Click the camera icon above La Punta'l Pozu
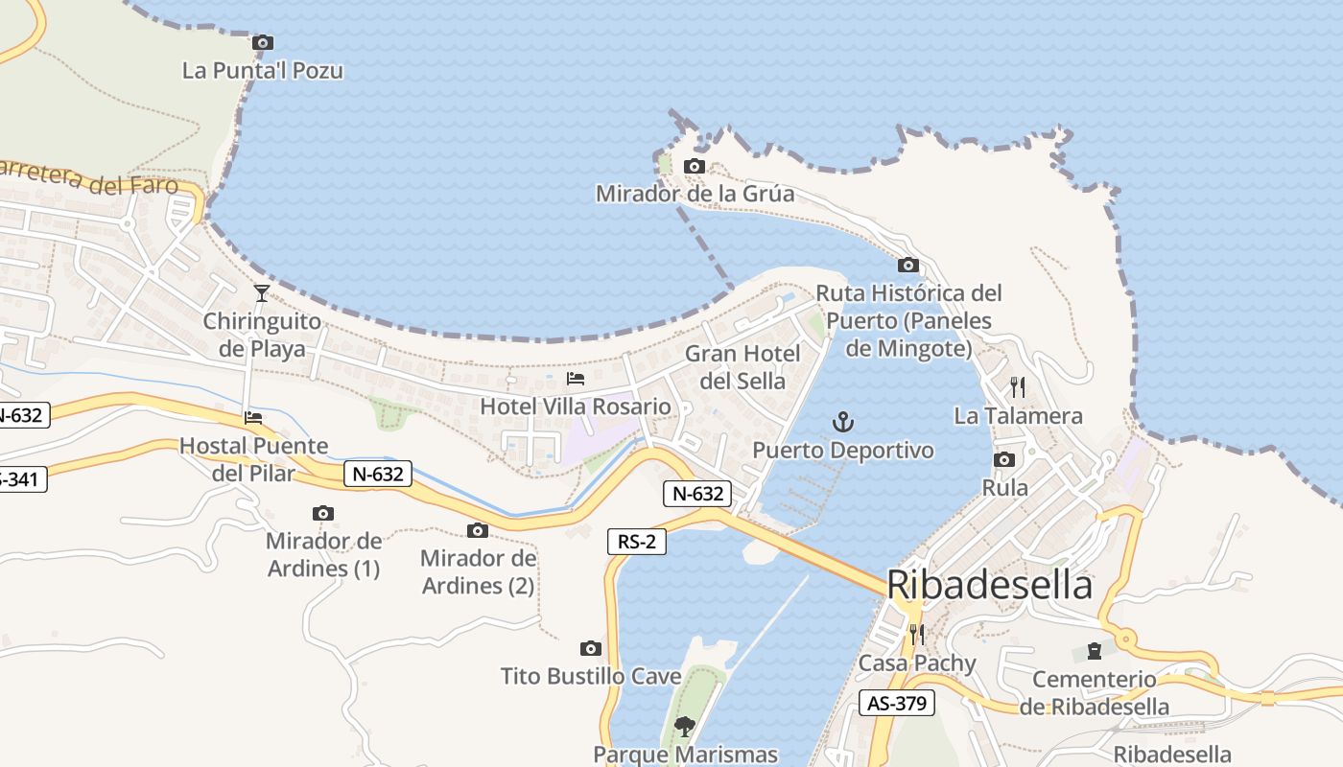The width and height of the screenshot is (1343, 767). point(262,42)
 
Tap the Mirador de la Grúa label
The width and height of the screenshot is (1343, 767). point(695,194)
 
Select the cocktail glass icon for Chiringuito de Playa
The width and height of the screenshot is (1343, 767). point(261,292)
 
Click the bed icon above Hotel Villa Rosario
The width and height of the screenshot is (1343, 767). point(576,379)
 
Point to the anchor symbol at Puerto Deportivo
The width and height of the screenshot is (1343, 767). point(842,421)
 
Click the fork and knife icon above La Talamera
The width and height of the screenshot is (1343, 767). point(1018,387)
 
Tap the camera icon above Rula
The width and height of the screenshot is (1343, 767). point(1004,459)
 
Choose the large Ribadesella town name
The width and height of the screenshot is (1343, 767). point(989,584)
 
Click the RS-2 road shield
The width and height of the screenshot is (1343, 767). point(637,542)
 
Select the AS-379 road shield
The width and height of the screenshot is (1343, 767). point(896,703)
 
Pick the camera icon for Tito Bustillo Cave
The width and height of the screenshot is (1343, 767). point(591,648)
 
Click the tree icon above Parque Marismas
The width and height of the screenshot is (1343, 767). point(684,726)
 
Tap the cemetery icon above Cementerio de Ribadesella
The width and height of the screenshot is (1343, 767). point(1094,651)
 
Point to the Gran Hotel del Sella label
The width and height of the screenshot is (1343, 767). point(742,367)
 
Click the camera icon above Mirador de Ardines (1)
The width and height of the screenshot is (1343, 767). point(323,513)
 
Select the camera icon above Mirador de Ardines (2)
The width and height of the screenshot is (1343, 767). point(478,530)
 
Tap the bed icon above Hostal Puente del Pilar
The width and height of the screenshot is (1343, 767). point(253,417)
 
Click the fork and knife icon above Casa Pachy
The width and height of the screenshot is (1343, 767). point(916,634)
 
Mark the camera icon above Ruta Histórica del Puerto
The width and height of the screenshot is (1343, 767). point(907,265)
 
